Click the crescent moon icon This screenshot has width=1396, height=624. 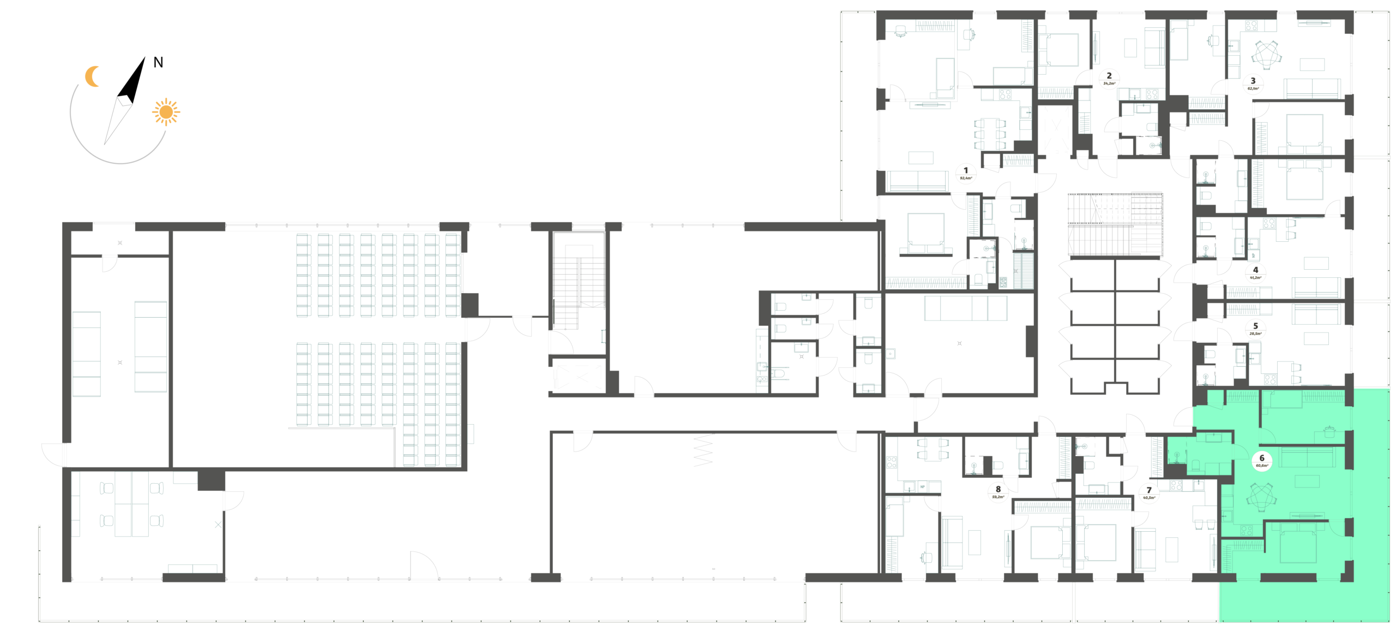click(93, 76)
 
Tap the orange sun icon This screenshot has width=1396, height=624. click(166, 112)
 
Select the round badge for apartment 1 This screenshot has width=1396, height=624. click(966, 173)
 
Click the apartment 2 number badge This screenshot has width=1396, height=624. click(1108, 79)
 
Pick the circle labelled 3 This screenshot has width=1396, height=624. click(1253, 84)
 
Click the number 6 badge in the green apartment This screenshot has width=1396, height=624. click(1261, 461)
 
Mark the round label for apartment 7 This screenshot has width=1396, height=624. click(1148, 494)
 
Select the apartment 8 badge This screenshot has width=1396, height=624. click(998, 493)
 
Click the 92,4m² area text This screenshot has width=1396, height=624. click(966, 178)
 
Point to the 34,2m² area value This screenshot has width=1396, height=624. click(1108, 84)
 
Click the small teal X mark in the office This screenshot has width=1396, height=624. click(218, 525)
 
